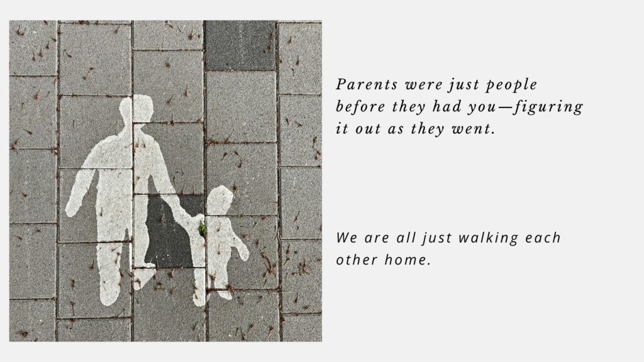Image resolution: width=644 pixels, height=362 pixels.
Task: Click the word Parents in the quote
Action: [367, 85]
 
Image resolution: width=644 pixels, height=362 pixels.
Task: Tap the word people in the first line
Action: [511, 85]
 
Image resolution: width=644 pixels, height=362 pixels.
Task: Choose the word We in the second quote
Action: [347, 238]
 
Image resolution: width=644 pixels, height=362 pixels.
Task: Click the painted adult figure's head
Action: [138, 108]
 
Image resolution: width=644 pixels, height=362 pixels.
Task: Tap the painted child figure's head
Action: [219, 200]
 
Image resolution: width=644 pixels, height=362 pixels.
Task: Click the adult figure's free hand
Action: [72, 209]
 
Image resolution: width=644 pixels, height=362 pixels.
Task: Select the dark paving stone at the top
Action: [240, 46]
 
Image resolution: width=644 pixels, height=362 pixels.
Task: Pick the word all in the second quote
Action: [405, 238]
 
